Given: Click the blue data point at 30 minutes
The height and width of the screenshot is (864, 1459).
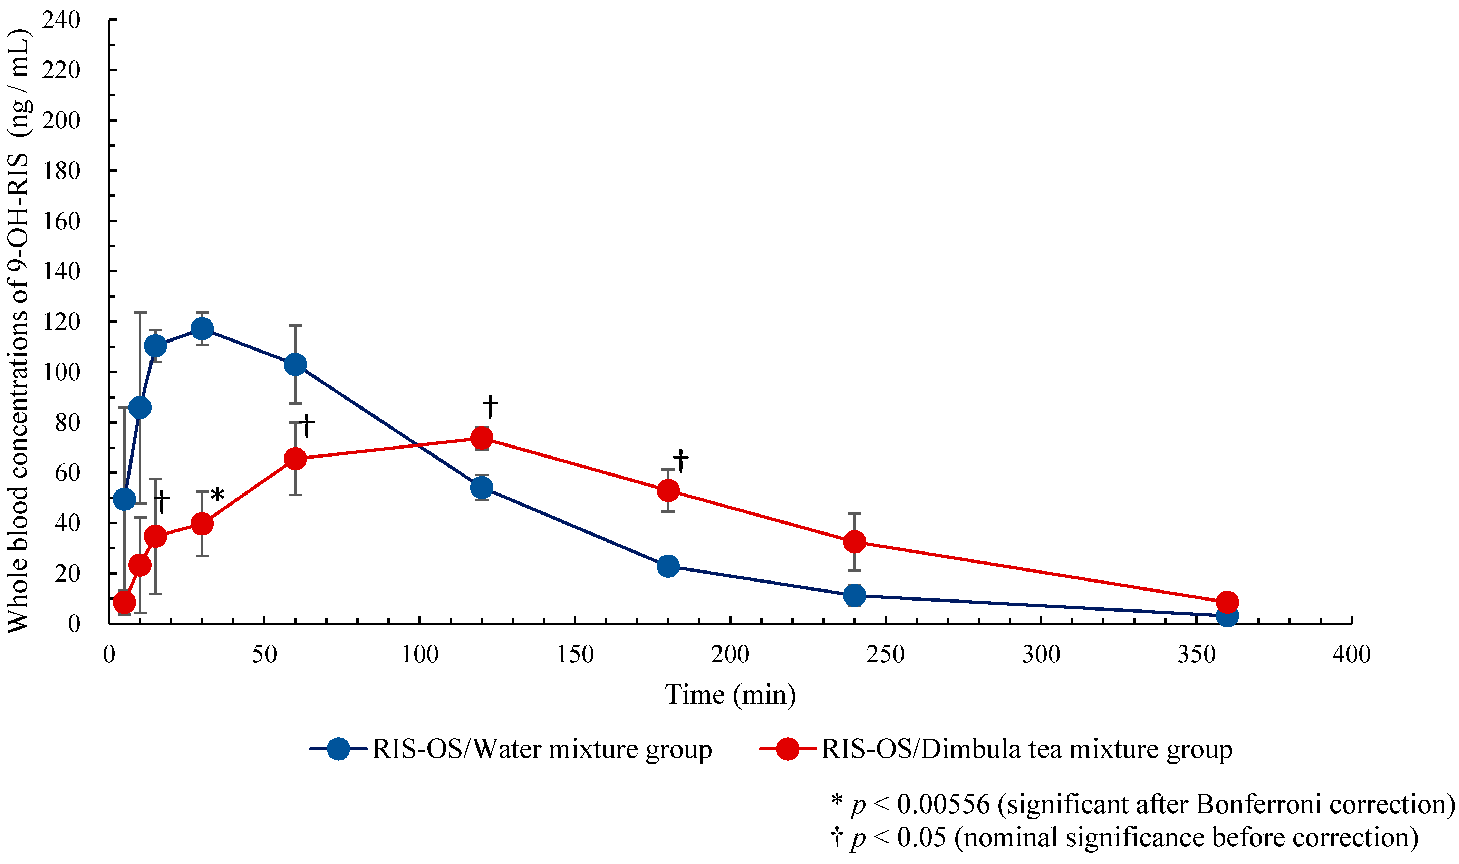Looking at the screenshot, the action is click(202, 329).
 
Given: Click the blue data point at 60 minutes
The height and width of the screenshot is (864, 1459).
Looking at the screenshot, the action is click(295, 364).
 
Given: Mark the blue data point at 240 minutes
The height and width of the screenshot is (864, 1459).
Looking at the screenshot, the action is click(854, 595).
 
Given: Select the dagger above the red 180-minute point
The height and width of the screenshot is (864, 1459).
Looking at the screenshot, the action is click(680, 461).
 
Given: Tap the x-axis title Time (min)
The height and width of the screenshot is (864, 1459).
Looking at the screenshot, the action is click(731, 694).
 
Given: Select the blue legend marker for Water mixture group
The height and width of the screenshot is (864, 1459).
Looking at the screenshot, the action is click(338, 749).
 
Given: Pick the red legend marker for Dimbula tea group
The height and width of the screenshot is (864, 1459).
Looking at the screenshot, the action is click(788, 749).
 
